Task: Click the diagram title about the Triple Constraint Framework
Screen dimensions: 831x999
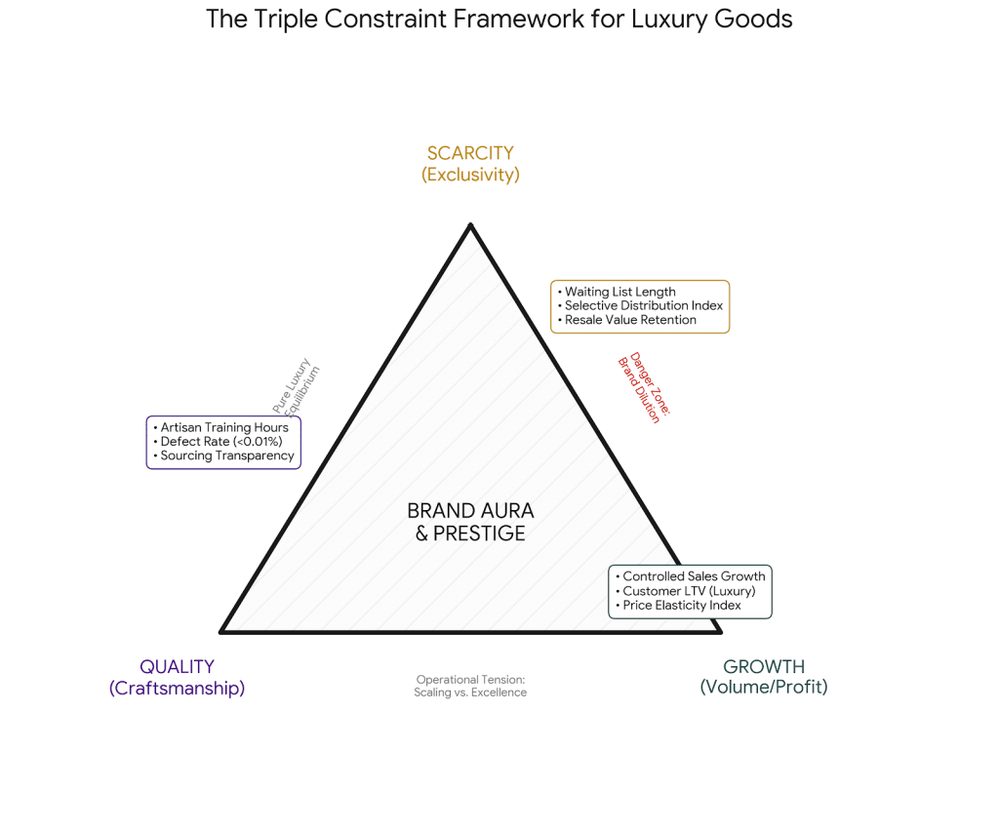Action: [x=499, y=20]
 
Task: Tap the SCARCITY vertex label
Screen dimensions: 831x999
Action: [x=470, y=153]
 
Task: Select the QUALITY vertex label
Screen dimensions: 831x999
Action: [x=177, y=667]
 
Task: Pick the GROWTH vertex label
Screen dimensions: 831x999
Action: [x=764, y=667]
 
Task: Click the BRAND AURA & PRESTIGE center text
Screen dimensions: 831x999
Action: [x=470, y=522]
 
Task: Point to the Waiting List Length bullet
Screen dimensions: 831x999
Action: [x=619, y=292]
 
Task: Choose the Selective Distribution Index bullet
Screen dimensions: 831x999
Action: [x=643, y=305]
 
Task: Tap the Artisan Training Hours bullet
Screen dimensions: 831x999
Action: [x=223, y=427]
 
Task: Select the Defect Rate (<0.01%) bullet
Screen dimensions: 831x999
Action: [x=220, y=442]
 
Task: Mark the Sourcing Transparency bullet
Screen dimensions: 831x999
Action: [x=226, y=455]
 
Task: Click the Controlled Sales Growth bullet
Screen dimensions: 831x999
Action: [x=693, y=576]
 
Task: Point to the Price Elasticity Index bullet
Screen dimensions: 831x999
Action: [x=681, y=606]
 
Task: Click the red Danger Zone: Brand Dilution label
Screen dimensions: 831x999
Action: [x=644, y=387]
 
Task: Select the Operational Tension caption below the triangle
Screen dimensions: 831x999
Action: [x=470, y=686]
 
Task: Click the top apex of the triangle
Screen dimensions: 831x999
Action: [x=470, y=225]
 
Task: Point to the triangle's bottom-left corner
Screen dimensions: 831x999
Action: [x=222, y=631]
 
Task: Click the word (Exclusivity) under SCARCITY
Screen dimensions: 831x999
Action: [x=470, y=176]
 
